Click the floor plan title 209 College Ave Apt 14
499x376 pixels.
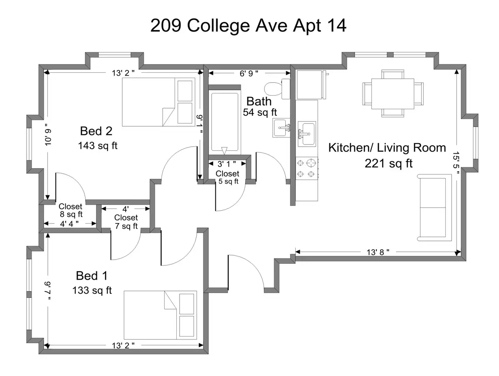coord(248,26)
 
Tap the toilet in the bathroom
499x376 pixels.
coord(277,89)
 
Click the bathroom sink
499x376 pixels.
coord(282,128)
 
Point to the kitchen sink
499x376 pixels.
coord(307,134)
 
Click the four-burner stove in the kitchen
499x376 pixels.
coord(306,168)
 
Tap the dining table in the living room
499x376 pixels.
coord(393,93)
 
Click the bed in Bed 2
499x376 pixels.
coord(158,102)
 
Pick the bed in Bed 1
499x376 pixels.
coord(160,315)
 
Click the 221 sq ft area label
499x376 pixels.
coord(388,163)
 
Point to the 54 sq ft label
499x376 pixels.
coord(260,112)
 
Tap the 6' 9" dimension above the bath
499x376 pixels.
coord(249,74)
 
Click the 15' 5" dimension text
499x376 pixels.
coord(456,163)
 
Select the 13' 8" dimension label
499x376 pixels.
coord(378,252)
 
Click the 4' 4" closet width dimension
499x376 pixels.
coord(69,224)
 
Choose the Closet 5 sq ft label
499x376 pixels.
coord(227,177)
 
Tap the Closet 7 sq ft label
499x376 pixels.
coord(126,221)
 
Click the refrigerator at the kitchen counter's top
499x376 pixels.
coord(311,85)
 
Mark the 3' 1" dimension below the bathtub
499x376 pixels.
coord(227,164)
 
